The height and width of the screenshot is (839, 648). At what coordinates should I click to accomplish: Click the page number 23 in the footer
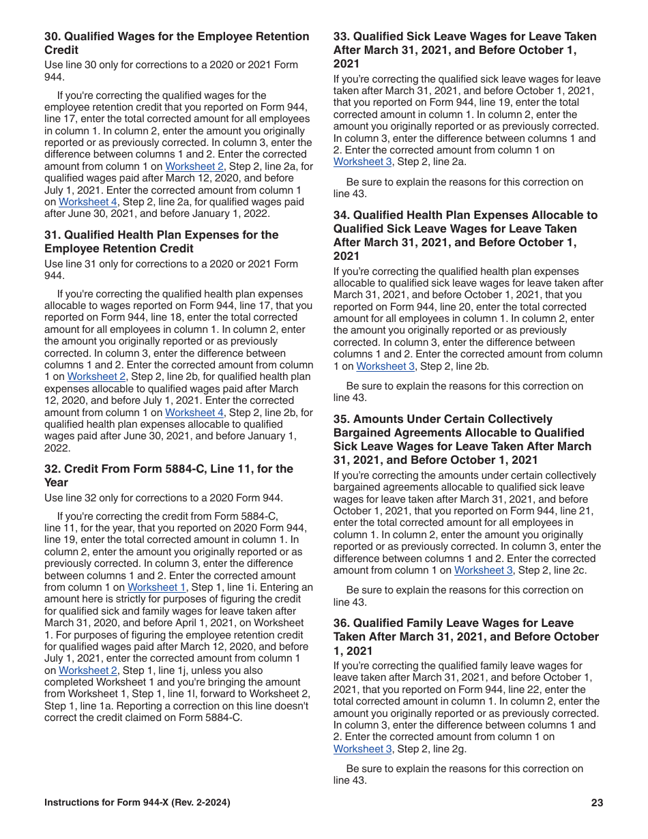coord(597,803)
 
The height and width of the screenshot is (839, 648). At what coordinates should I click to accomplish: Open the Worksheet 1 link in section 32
coord(156,587)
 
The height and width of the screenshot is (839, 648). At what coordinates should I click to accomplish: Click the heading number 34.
coord(341,215)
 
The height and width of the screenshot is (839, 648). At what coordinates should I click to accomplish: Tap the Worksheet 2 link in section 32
coord(87,671)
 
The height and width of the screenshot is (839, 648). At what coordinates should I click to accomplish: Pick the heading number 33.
coord(341,37)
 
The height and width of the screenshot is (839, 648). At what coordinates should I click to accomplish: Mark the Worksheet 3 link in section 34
coord(385,366)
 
